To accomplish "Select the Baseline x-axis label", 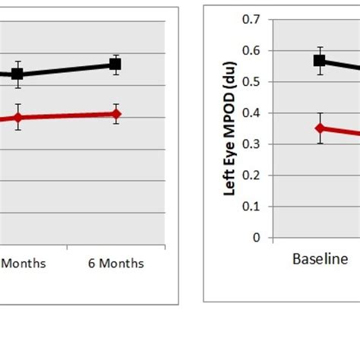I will [320, 260].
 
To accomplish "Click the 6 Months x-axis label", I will [115, 264].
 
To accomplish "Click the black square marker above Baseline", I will [320, 61].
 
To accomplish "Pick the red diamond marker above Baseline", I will [320, 128].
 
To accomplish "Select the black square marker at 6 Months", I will [115, 65].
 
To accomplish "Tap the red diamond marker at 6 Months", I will [115, 114].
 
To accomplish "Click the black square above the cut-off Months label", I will [17, 74].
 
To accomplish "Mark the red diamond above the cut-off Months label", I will [17, 117].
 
